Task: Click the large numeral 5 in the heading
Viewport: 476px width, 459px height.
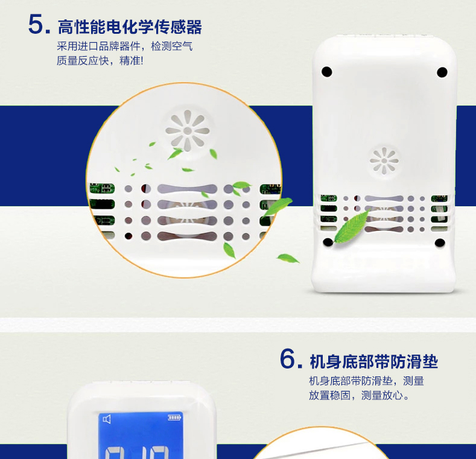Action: coord(36,24)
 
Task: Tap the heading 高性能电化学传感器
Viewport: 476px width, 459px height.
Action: coord(130,27)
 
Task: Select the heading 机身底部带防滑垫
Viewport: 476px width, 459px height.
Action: coord(373,361)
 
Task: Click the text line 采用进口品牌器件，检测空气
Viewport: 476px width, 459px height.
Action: coord(124,46)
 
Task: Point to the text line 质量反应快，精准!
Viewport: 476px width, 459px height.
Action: coord(100,61)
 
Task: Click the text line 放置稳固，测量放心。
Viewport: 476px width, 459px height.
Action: coord(360,395)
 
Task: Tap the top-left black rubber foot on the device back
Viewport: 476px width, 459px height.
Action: coord(326,72)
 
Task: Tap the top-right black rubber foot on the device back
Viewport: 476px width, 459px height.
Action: coord(442,72)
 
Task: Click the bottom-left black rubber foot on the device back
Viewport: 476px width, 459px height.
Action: coord(328,242)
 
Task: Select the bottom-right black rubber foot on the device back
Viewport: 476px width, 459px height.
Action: coord(440,242)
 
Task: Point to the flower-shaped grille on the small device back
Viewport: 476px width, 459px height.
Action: coord(384,161)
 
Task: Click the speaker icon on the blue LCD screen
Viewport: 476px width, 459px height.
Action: coord(107,419)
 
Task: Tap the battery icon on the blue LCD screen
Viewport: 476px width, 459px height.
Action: coord(174,418)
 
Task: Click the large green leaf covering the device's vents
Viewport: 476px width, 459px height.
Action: coord(352,226)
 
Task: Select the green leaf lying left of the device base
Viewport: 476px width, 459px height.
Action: coord(288,258)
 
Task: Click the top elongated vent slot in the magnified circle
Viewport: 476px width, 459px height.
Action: coord(187,189)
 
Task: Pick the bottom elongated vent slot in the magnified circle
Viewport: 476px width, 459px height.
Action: coord(187,236)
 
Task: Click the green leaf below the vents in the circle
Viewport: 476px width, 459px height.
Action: coord(229,250)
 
